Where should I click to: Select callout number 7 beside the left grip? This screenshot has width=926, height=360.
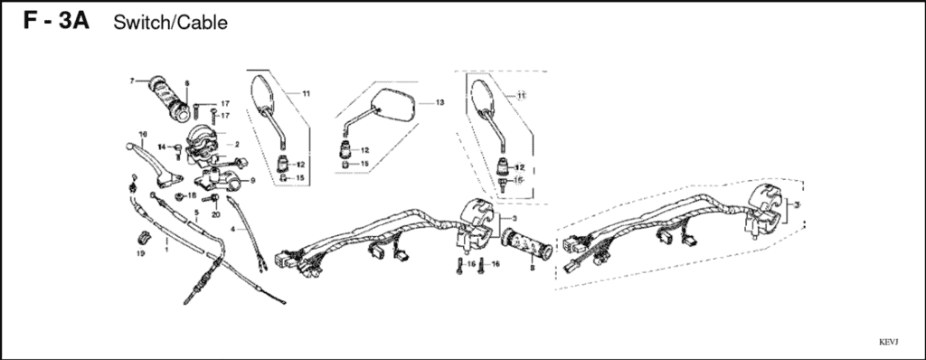[x=132, y=81]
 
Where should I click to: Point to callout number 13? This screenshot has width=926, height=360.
[x=440, y=103]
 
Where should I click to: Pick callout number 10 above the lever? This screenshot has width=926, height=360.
[x=142, y=136]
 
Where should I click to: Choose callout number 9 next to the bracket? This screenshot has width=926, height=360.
[x=252, y=181]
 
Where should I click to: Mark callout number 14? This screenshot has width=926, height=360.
[x=160, y=147]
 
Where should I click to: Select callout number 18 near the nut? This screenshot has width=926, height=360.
[x=192, y=195]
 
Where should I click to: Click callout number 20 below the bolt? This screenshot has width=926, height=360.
[x=216, y=214]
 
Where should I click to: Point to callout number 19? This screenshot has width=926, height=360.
[x=140, y=254]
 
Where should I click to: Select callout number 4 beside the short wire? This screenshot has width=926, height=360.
[x=232, y=230]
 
